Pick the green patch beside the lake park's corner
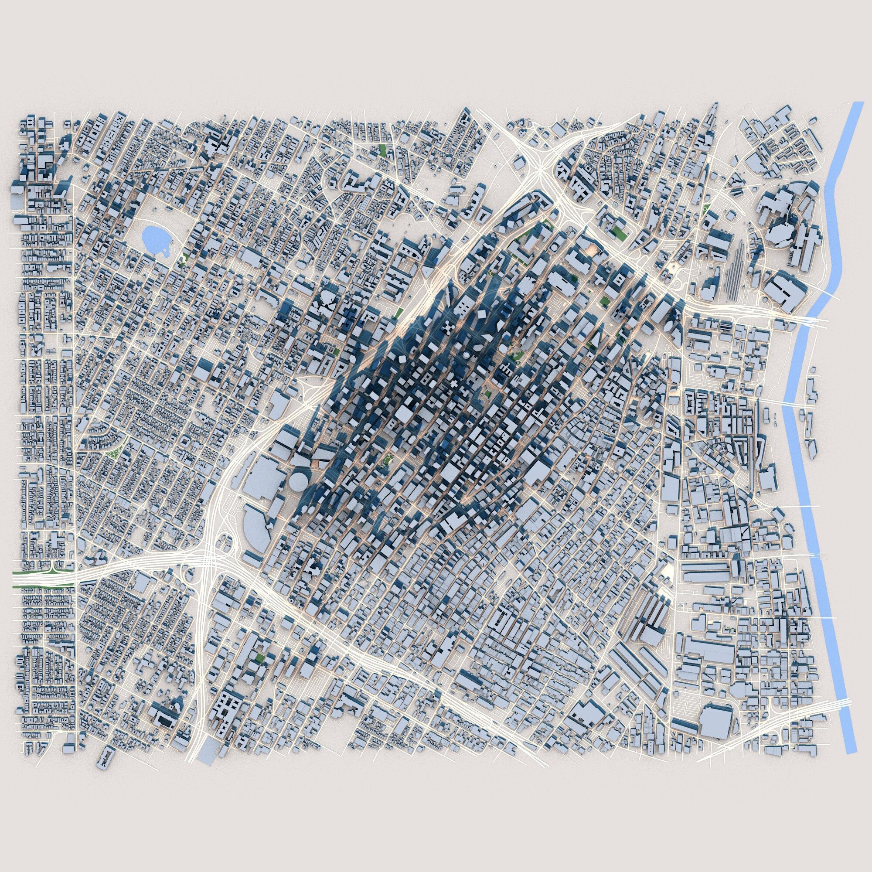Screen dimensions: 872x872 click(184, 258)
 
